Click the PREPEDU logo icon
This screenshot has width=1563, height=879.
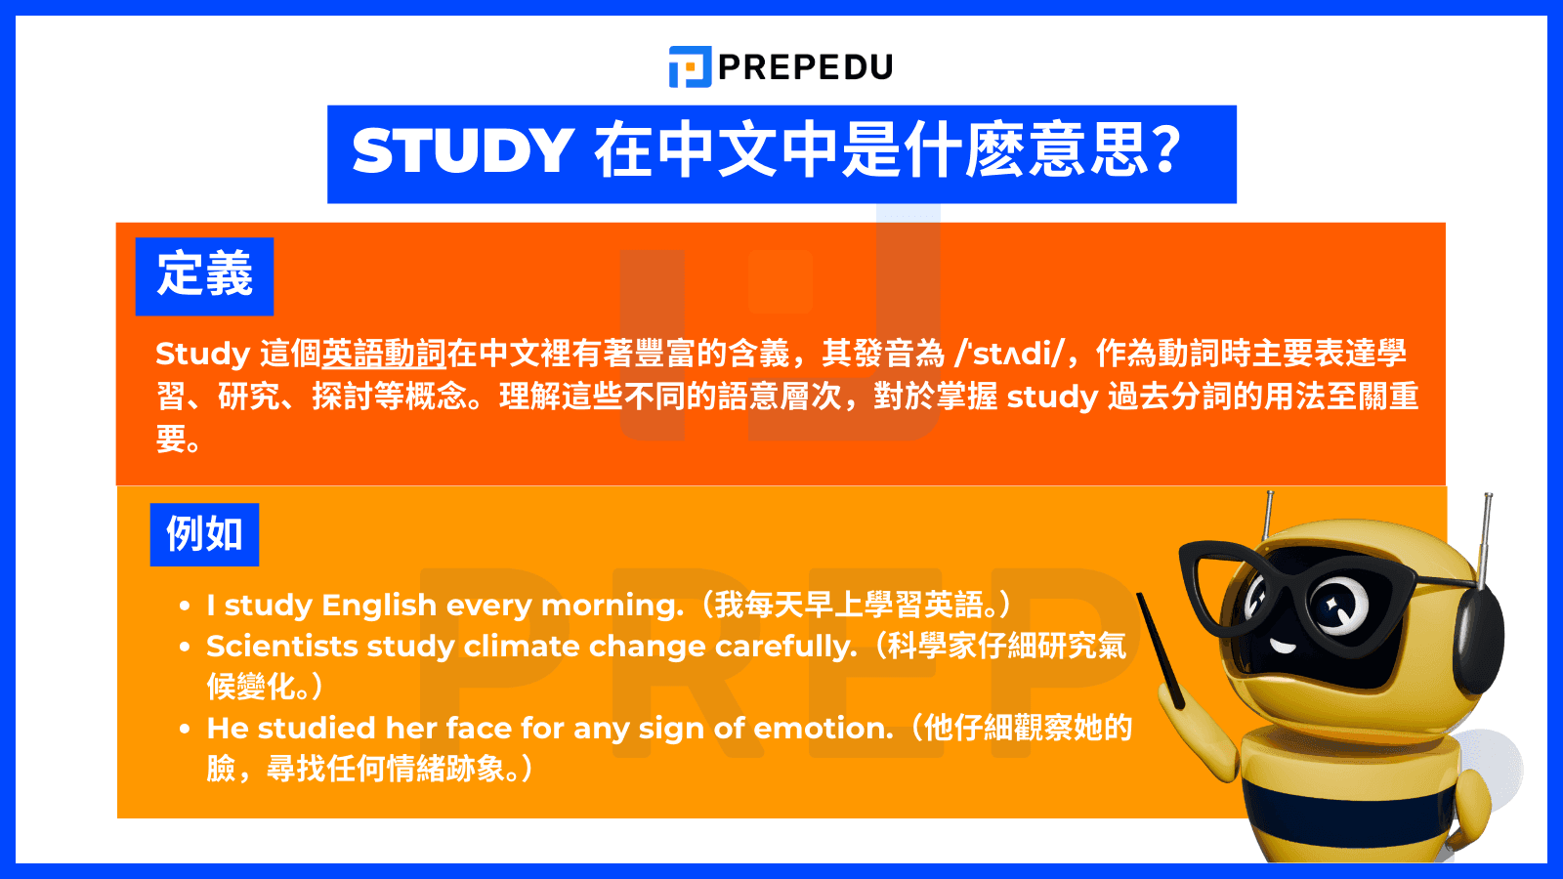tap(690, 66)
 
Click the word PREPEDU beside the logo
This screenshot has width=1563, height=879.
tap(806, 66)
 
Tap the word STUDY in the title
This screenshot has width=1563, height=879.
tap(462, 151)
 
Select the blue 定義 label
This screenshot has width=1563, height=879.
tap(204, 275)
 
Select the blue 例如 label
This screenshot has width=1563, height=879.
tap(204, 534)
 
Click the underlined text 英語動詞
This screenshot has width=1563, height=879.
tap(384, 354)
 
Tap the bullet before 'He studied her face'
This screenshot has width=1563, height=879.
tap(185, 729)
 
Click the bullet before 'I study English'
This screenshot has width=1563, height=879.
tap(185, 606)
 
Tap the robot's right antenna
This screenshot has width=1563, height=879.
tap(1487, 537)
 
